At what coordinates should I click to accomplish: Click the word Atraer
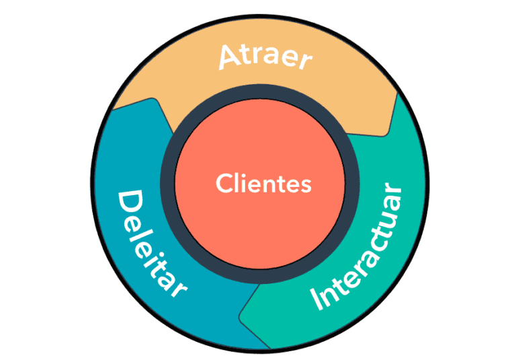click(x=265, y=59)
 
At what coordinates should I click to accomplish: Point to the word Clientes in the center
click(x=264, y=183)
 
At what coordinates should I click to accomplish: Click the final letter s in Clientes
click(x=306, y=184)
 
